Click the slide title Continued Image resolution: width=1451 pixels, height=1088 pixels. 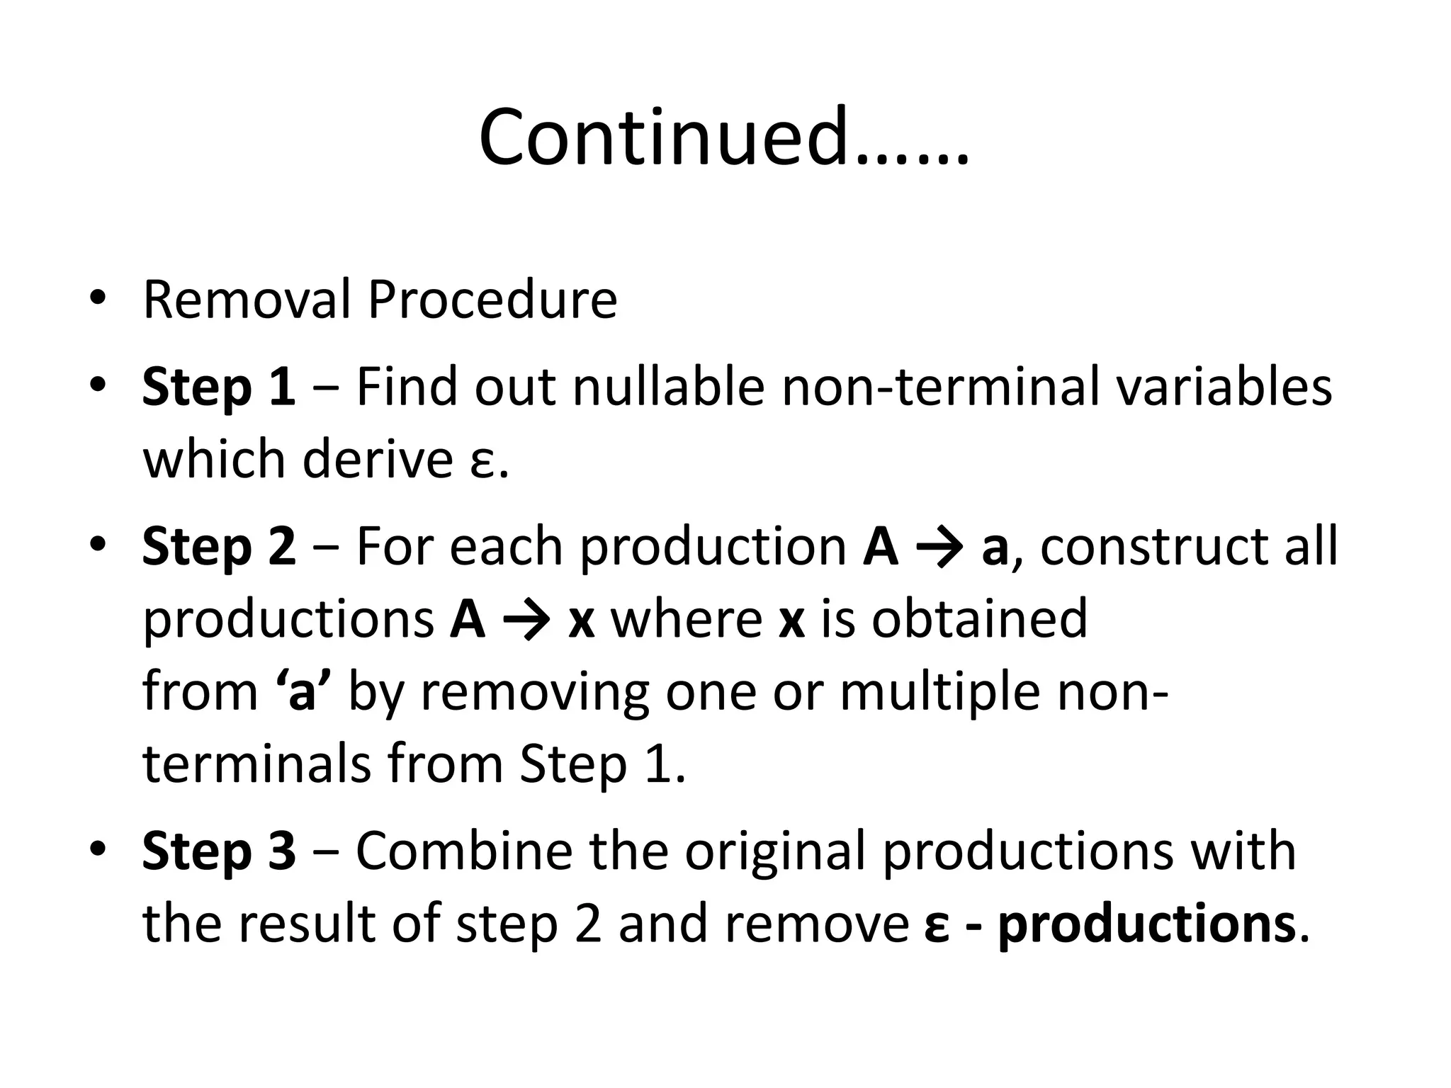click(x=723, y=137)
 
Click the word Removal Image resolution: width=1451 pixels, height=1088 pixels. click(x=246, y=300)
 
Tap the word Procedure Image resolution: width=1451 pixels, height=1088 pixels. click(x=492, y=301)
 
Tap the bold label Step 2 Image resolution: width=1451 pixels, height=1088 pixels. click(x=218, y=547)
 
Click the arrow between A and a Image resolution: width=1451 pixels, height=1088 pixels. click(x=940, y=548)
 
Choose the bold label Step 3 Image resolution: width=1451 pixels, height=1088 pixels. click(x=218, y=851)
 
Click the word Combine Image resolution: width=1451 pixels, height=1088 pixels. click(x=463, y=851)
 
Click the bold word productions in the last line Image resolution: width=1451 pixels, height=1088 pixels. click(x=1146, y=924)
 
